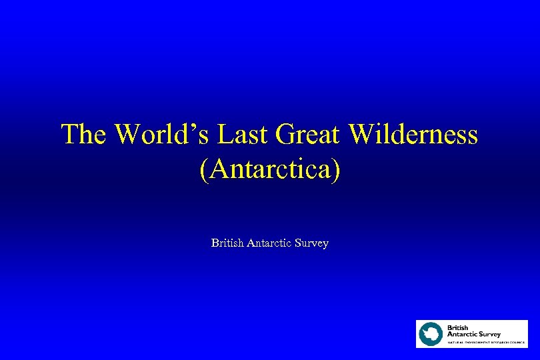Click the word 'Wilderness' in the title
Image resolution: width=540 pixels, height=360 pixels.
pyautogui.click(x=413, y=135)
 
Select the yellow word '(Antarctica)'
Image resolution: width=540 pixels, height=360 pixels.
pyautogui.click(x=270, y=169)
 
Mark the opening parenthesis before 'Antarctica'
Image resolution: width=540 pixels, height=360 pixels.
pyautogui.click(x=203, y=169)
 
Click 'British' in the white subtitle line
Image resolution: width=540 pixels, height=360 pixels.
pyautogui.click(x=227, y=243)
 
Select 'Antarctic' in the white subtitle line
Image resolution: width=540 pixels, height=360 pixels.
pyautogui.click(x=271, y=243)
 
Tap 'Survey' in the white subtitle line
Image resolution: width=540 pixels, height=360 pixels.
pyautogui.click(x=313, y=244)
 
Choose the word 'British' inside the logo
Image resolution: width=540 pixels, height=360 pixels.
pyautogui.click(x=458, y=327)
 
